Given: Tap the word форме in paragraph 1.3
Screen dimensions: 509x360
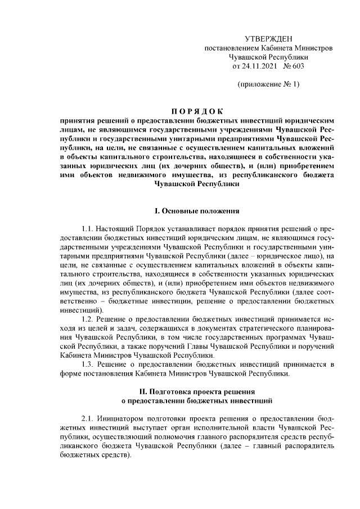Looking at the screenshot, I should tap(70, 374).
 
